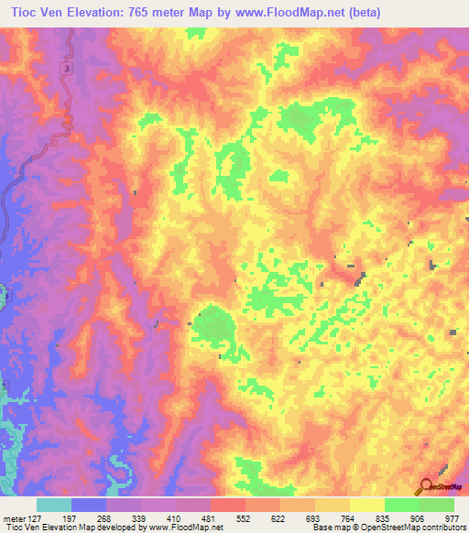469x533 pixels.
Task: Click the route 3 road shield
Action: (x=67, y=70)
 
